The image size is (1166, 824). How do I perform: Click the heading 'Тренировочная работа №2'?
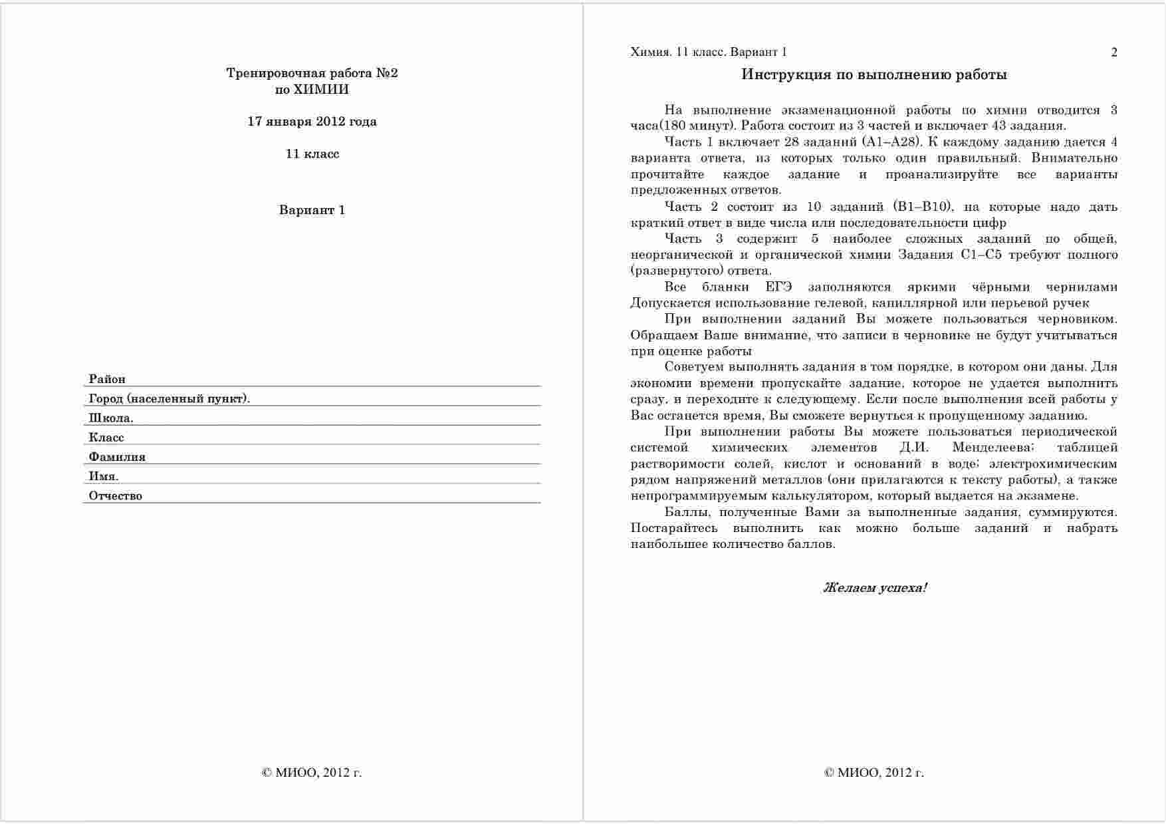pyautogui.click(x=312, y=73)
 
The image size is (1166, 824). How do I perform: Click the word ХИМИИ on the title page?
pyautogui.click(x=321, y=90)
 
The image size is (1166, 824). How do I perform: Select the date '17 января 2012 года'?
pyautogui.click(x=312, y=122)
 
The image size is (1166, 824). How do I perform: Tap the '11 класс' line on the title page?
pyautogui.click(x=312, y=154)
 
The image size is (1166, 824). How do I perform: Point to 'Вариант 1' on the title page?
pyautogui.click(x=312, y=211)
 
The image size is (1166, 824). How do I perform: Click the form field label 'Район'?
pyautogui.click(x=107, y=379)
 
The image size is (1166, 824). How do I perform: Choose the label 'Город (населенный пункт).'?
pyautogui.click(x=169, y=398)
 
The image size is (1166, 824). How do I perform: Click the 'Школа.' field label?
pyautogui.click(x=111, y=418)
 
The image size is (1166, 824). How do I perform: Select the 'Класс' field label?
pyautogui.click(x=106, y=438)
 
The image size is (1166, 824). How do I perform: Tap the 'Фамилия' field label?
pyautogui.click(x=117, y=457)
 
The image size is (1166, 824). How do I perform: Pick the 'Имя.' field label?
pyautogui.click(x=104, y=476)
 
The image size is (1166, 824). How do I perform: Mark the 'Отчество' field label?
pyautogui.click(x=116, y=495)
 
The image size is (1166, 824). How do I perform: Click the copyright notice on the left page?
pyautogui.click(x=312, y=773)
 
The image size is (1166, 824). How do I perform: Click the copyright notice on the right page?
pyautogui.click(x=874, y=773)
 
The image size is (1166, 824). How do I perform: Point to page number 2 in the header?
pyautogui.click(x=1114, y=53)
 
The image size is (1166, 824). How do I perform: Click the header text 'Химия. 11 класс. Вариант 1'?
pyautogui.click(x=709, y=53)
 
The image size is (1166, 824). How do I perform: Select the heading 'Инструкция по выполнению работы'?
pyautogui.click(x=874, y=74)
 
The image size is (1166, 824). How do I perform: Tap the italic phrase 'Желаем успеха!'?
pyautogui.click(x=875, y=588)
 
